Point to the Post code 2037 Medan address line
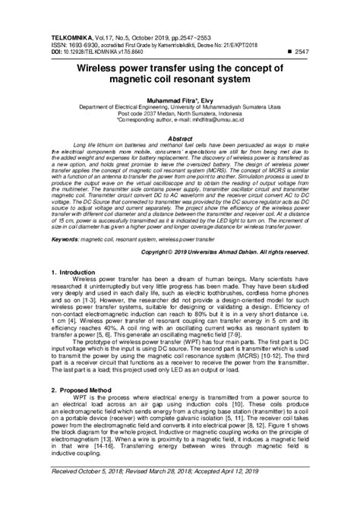[180, 113]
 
